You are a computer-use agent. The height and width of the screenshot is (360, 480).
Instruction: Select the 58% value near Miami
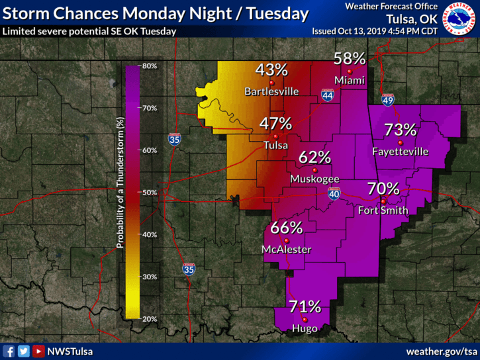[350, 58]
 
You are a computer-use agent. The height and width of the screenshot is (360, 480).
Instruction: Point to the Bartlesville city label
[271, 91]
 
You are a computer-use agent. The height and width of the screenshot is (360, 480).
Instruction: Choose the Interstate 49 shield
[388, 101]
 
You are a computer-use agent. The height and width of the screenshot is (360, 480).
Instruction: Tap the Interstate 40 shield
[334, 193]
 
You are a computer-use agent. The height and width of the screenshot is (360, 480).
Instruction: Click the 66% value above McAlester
[287, 228]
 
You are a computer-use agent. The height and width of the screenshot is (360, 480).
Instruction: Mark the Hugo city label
[305, 327]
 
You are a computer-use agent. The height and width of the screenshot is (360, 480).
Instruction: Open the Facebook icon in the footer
[9, 351]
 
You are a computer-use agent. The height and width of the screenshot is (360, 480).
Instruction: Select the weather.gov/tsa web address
[442, 351]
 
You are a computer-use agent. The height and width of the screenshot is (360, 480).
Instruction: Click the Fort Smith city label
[383, 211]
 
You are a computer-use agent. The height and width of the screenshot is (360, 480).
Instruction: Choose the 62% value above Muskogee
[314, 157]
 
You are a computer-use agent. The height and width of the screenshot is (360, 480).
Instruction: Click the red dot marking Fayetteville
[401, 142]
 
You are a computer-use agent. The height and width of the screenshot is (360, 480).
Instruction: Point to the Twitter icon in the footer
[24, 351]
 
